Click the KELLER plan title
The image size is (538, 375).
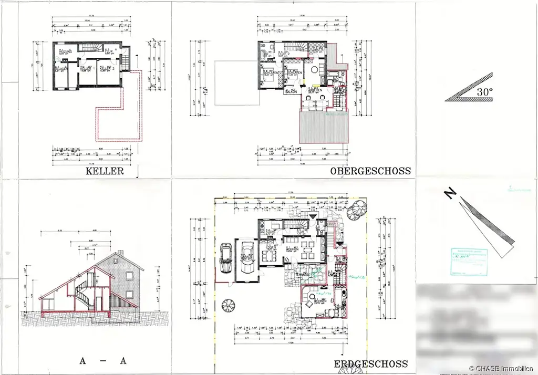(105, 171)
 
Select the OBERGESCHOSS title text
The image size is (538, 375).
(370, 171)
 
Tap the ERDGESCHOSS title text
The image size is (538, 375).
(371, 364)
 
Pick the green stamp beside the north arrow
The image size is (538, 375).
(469, 261)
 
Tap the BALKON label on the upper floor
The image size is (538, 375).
(291, 91)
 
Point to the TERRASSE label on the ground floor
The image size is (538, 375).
(302, 275)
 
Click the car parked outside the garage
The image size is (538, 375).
(226, 257)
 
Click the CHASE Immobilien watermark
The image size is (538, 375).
(502, 369)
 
